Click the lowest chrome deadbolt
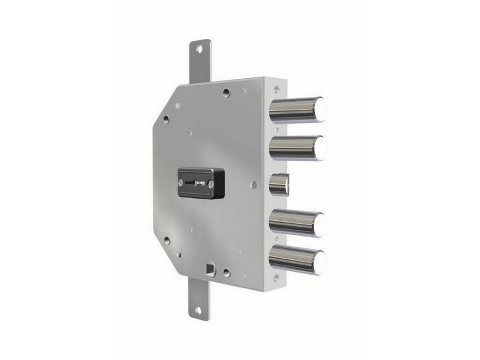point(295,259)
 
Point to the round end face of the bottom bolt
point(321,262)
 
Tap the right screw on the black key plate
point(210,183)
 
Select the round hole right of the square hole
point(227,272)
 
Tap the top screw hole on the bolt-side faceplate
point(276,88)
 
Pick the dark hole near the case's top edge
point(226,91)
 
